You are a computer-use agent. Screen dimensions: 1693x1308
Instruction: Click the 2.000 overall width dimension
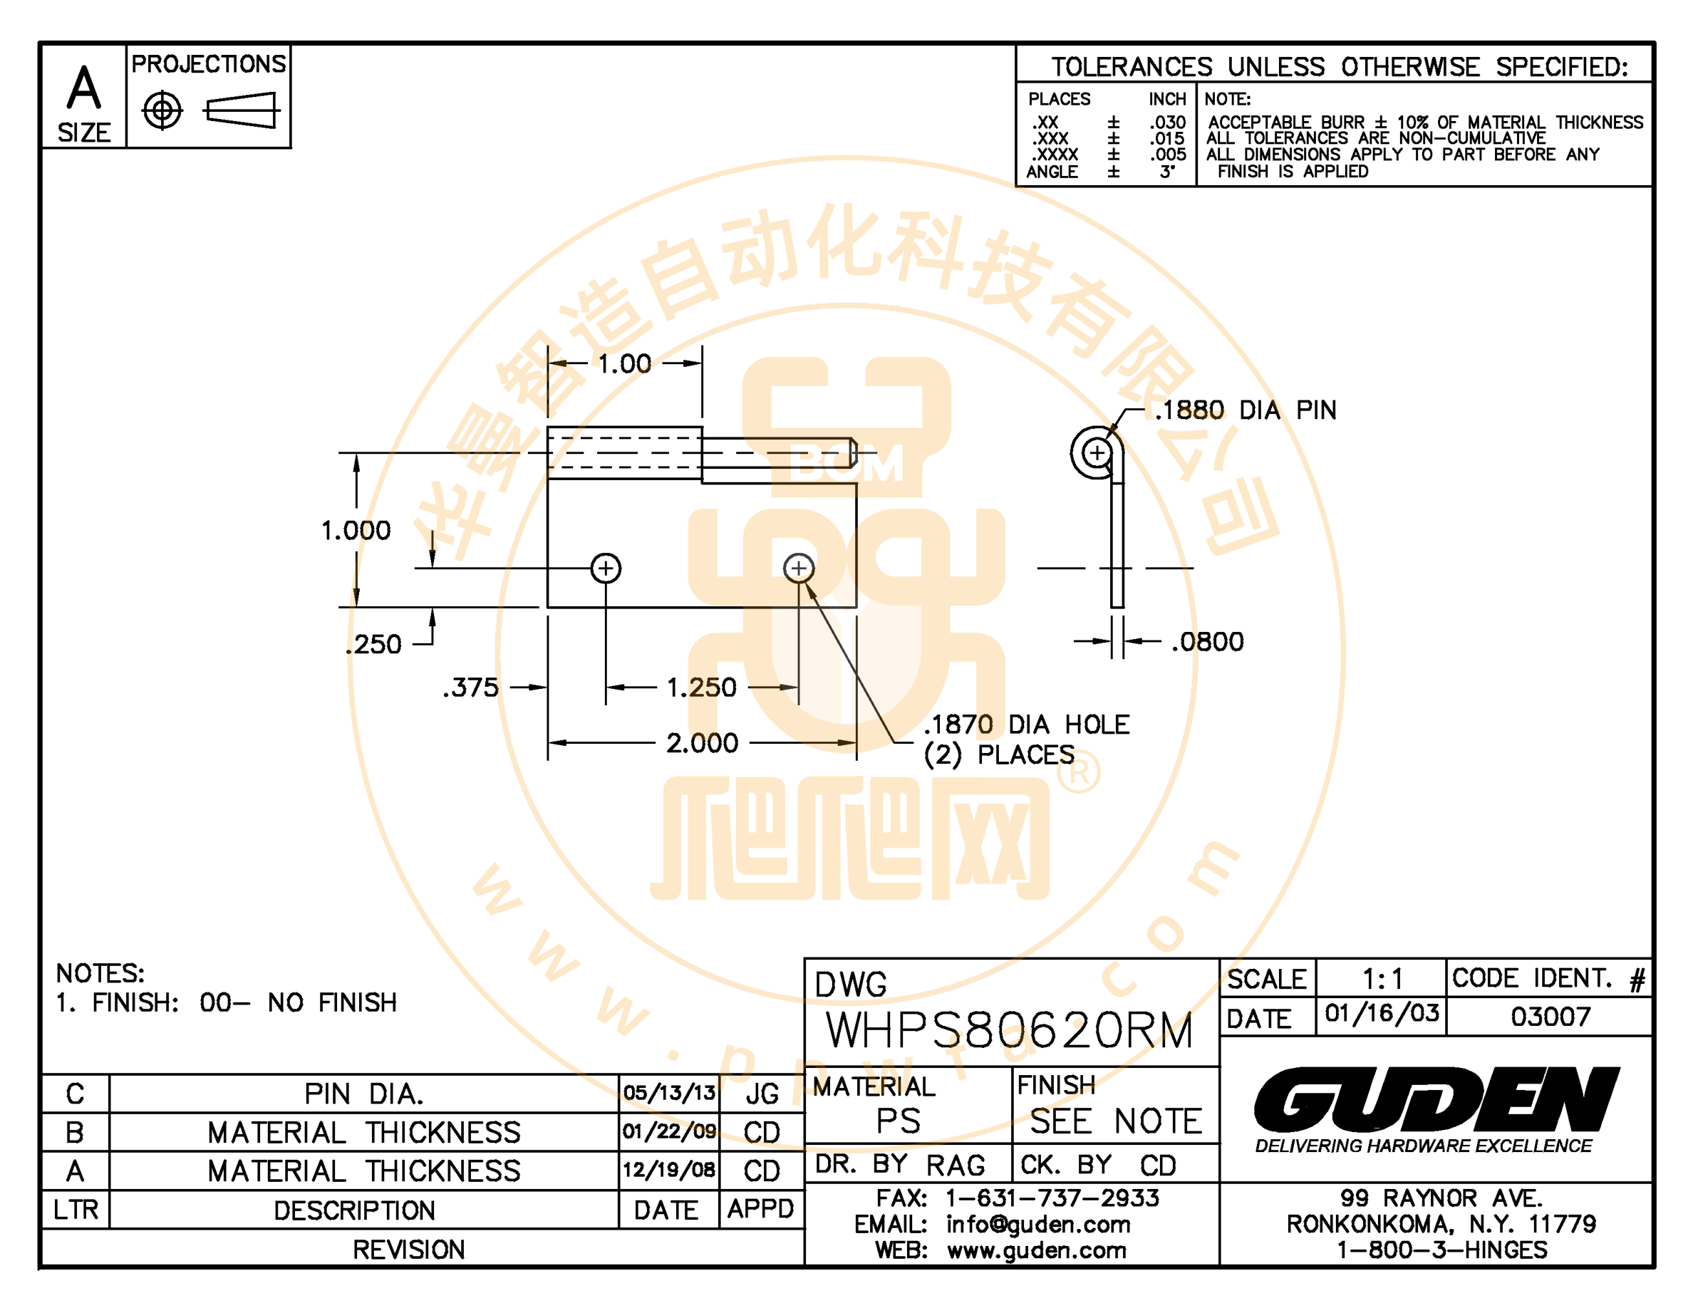[x=703, y=743]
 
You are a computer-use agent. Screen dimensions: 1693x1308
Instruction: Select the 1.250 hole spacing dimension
[x=702, y=687]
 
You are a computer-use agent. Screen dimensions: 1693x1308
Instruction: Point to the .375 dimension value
[x=470, y=687]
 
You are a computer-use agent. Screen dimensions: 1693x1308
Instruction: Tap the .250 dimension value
[x=373, y=644]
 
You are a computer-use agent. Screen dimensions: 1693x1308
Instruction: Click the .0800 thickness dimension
[x=1208, y=642]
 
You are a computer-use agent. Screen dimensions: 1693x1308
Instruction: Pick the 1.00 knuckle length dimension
[x=624, y=363]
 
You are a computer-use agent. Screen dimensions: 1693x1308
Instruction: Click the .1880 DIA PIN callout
[x=1246, y=410]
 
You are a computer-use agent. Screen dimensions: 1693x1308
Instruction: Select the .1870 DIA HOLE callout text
[x=1026, y=739]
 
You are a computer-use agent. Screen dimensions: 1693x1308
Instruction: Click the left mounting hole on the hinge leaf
[x=606, y=568]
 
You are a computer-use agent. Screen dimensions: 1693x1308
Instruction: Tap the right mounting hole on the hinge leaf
[x=799, y=568]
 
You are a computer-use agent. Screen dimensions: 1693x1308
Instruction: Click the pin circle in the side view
[x=1097, y=452]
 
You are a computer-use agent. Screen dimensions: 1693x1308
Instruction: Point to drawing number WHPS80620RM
[x=1009, y=1031]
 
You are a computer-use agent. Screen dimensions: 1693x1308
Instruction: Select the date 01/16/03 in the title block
[x=1382, y=1013]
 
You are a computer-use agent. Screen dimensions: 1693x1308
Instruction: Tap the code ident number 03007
[x=1550, y=1017]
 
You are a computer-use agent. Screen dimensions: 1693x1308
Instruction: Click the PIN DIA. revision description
[x=364, y=1094]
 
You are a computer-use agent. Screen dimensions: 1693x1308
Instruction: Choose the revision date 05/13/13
[x=669, y=1093]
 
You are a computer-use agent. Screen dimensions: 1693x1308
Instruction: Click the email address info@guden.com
[x=1038, y=1225]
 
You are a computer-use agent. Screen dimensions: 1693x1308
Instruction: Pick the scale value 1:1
[x=1382, y=980]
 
